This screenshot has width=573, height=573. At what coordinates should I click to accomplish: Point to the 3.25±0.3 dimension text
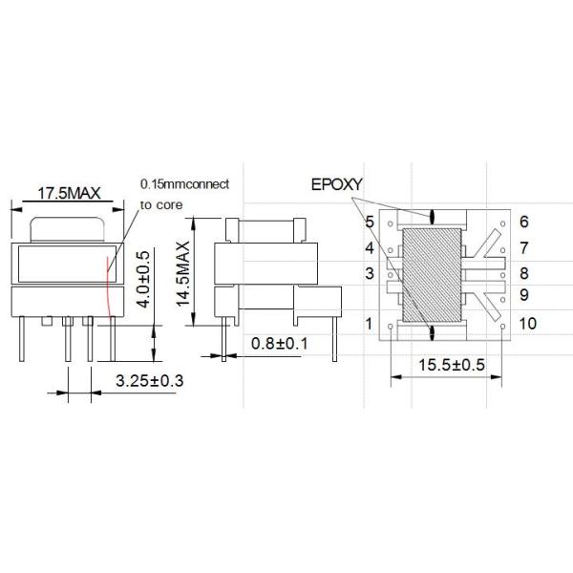149,381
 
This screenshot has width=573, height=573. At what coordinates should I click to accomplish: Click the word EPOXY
331,182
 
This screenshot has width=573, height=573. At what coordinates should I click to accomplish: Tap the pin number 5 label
369,223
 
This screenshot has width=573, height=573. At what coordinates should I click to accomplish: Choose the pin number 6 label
524,223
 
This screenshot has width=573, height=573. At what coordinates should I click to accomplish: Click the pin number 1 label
369,324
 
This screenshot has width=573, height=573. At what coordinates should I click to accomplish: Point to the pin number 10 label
528,324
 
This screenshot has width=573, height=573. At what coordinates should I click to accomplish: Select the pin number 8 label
524,273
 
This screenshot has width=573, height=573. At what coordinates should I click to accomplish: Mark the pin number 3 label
369,274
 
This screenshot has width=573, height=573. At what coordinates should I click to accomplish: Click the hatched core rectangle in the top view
433,276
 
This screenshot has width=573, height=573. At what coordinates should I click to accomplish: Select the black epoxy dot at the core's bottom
433,332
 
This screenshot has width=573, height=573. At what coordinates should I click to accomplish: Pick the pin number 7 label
524,248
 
